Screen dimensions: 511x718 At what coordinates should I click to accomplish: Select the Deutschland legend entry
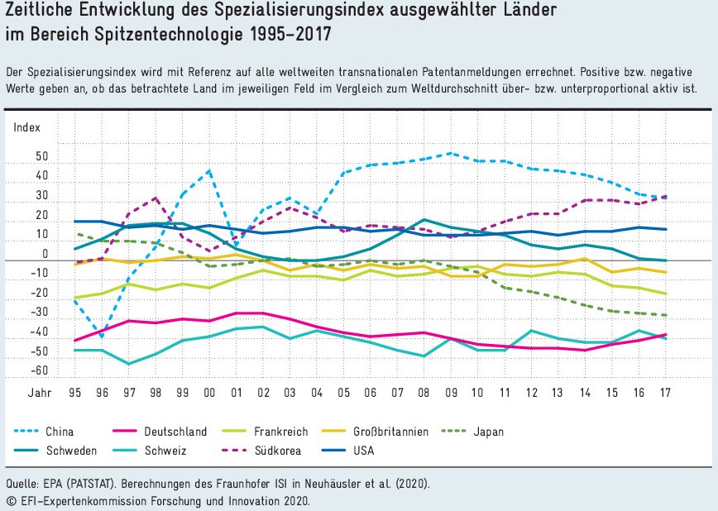coord(175,432)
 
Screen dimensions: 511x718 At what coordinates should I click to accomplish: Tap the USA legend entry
coord(362,451)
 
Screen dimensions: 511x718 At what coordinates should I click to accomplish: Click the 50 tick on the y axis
coord(42,157)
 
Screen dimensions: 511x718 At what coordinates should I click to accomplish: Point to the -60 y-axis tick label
coord(39,372)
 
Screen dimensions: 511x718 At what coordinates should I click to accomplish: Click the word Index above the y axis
coord(26,127)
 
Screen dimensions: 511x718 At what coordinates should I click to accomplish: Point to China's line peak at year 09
coord(451,154)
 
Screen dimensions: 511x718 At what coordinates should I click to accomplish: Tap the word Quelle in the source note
coord(22,483)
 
